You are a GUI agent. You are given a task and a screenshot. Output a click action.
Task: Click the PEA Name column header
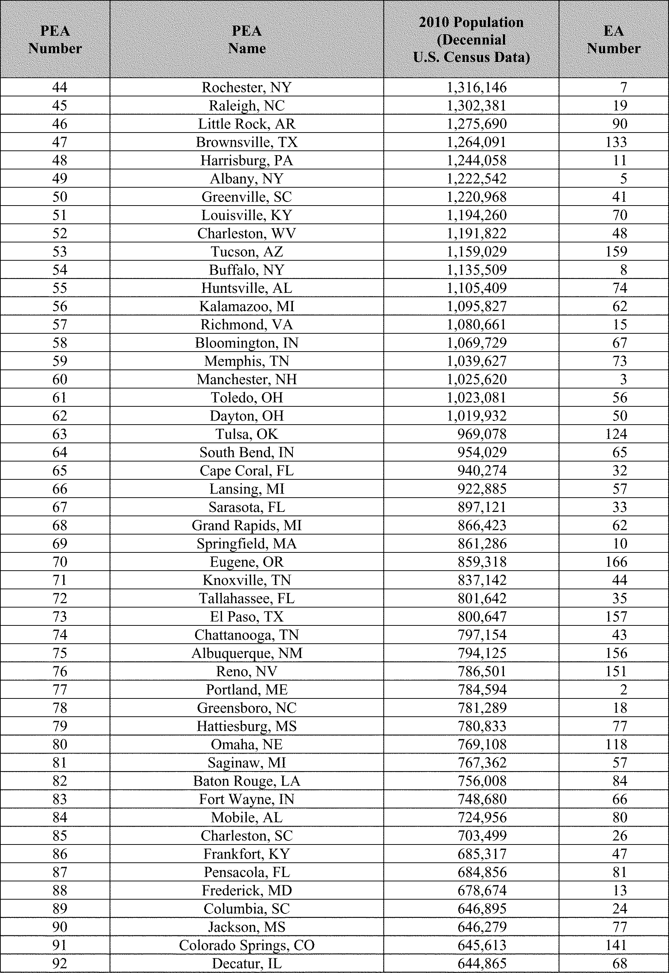pyautogui.click(x=247, y=39)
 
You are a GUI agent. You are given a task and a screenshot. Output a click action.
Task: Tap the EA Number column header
pyautogui.click(x=613, y=39)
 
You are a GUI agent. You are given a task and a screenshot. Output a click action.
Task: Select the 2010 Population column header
pyautogui.click(x=471, y=39)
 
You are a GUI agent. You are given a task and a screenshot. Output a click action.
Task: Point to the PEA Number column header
pyautogui.click(x=55, y=39)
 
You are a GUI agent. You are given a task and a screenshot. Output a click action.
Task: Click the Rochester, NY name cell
pyautogui.click(x=247, y=87)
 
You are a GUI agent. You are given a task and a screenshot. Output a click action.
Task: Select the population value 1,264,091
pyautogui.click(x=477, y=142)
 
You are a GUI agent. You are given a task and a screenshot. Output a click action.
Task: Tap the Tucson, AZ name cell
pyautogui.click(x=247, y=252)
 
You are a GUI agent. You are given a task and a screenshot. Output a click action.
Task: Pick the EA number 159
pyautogui.click(x=616, y=252)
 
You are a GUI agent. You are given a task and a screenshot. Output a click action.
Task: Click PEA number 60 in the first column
pyautogui.click(x=60, y=379)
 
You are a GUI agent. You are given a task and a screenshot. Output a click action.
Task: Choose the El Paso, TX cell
pyautogui.click(x=247, y=616)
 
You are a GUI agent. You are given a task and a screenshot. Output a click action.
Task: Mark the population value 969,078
pyautogui.click(x=482, y=434)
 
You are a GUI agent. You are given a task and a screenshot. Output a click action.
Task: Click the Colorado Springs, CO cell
pyautogui.click(x=247, y=945)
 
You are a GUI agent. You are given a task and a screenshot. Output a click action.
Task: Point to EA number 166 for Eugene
pyautogui.click(x=616, y=562)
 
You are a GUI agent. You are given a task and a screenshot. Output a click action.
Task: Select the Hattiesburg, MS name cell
pyautogui.click(x=247, y=726)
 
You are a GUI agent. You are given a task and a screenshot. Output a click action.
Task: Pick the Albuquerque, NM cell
pyautogui.click(x=247, y=653)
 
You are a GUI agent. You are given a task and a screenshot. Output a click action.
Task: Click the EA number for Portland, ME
pyautogui.click(x=623, y=689)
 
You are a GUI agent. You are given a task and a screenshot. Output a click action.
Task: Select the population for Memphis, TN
pyautogui.click(x=477, y=361)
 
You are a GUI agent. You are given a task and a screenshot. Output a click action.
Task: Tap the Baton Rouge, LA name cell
pyautogui.click(x=247, y=781)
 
